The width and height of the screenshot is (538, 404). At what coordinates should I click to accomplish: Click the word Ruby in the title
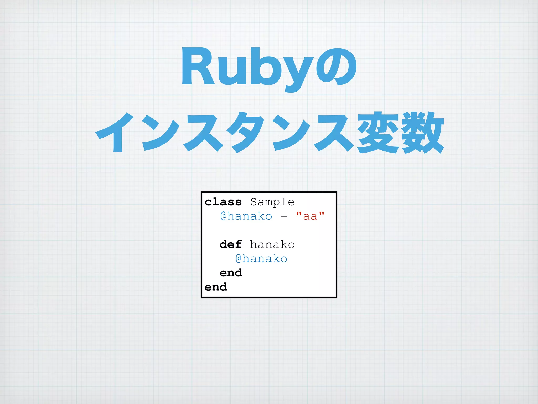pos(247,67)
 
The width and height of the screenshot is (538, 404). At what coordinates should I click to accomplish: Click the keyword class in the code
pos(223,202)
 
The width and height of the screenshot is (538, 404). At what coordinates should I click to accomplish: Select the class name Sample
pos(272,202)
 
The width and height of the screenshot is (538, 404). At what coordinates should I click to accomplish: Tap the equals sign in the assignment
pos(284,216)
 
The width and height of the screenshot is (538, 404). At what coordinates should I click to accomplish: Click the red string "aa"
pos(310,216)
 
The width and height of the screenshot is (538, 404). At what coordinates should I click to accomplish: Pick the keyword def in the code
pos(231,245)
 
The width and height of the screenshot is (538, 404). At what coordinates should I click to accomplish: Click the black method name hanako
pos(272,245)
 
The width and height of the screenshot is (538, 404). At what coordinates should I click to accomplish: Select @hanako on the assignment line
pos(246,216)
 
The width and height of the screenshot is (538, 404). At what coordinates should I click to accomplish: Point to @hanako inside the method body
pos(261,259)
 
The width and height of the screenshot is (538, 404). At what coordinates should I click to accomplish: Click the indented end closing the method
pos(231,273)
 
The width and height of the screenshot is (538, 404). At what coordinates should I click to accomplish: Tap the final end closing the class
pos(216,287)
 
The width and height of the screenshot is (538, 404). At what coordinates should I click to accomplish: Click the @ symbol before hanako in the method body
pos(238,259)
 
